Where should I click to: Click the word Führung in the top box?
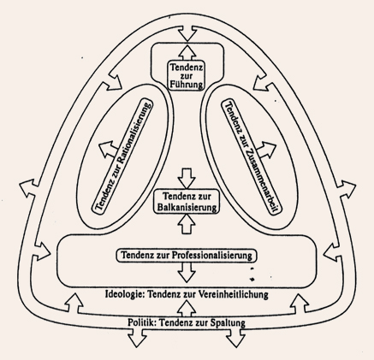pyautogui.click(x=187, y=85)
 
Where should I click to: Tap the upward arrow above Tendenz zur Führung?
pyautogui.click(x=187, y=51)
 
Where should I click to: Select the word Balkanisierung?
pyautogui.click(x=187, y=207)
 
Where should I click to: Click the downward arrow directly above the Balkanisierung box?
pyautogui.click(x=187, y=178)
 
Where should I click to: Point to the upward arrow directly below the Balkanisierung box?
pyautogui.click(x=187, y=224)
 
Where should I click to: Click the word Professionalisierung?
pyautogui.click(x=211, y=255)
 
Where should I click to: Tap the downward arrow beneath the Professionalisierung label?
pyautogui.click(x=187, y=273)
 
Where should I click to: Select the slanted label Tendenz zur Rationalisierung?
pyautogui.click(x=122, y=156)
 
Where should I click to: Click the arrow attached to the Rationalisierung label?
pyautogui.click(x=108, y=149)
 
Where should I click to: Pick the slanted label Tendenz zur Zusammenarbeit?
pyautogui.click(x=252, y=156)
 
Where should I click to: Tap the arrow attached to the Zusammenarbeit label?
pyautogui.click(x=266, y=150)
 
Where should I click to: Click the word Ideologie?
pyautogui.click(x=124, y=294)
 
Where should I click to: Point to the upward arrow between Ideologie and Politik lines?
pyautogui.click(x=187, y=309)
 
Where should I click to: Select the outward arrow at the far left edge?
pyautogui.click(x=29, y=188)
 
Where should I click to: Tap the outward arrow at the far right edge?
pyautogui.click(x=346, y=189)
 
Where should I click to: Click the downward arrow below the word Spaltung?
pyautogui.click(x=235, y=338)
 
